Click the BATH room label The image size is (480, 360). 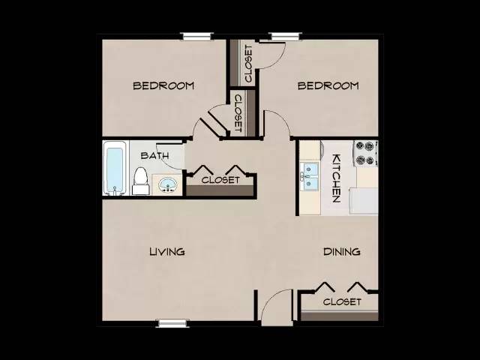click(154, 155)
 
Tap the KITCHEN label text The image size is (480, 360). click(337, 178)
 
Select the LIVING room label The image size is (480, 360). click(167, 252)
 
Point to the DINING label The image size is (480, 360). click(342, 252)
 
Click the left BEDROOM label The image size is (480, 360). click(163, 85)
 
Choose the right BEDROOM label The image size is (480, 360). click(328, 85)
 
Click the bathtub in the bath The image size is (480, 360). click(115, 168)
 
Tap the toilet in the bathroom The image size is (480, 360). click(141, 181)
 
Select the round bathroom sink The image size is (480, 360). click(168, 184)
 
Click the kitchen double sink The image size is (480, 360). click(310, 176)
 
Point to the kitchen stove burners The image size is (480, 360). click(365, 153)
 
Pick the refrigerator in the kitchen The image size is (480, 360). click(364, 201)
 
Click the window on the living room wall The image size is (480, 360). click(172, 323)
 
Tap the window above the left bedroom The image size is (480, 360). click(196, 36)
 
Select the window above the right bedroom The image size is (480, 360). click(286, 36)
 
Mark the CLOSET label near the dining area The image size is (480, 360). click(342, 301)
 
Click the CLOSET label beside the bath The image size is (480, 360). click(220, 180)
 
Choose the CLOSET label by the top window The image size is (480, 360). click(248, 64)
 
